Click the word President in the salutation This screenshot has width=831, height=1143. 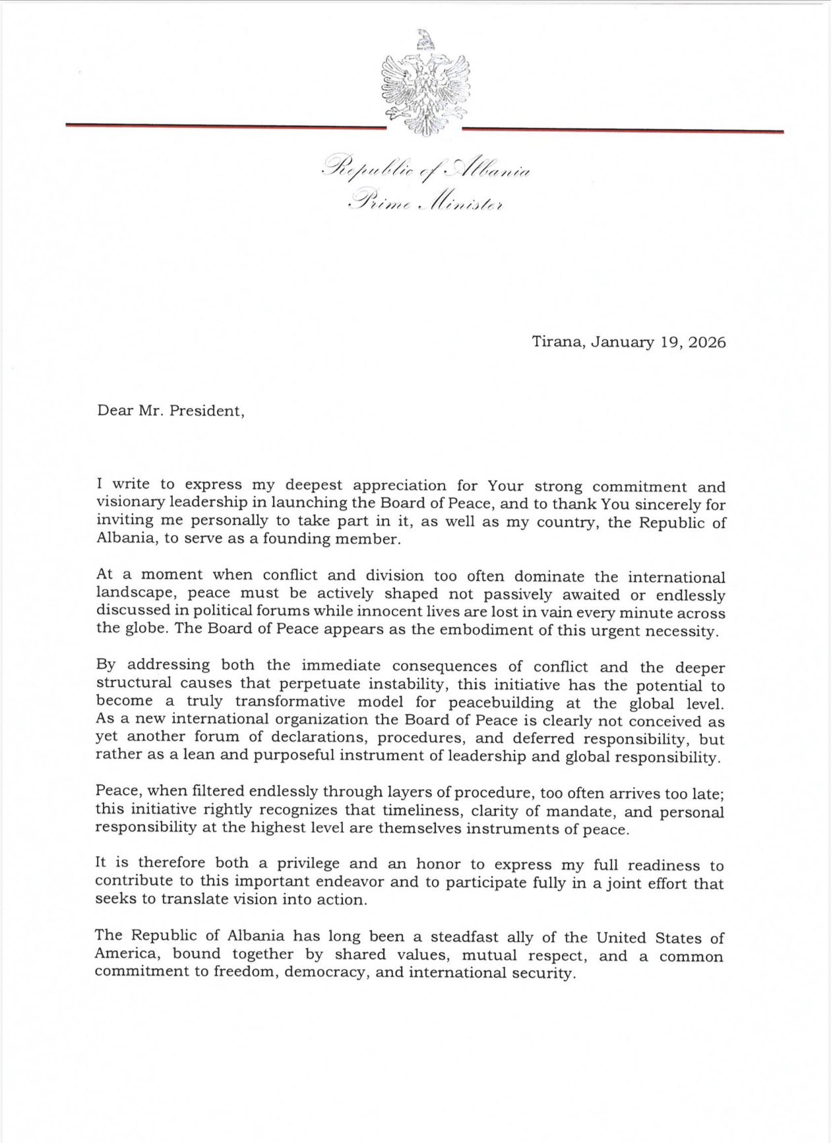click(206, 411)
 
